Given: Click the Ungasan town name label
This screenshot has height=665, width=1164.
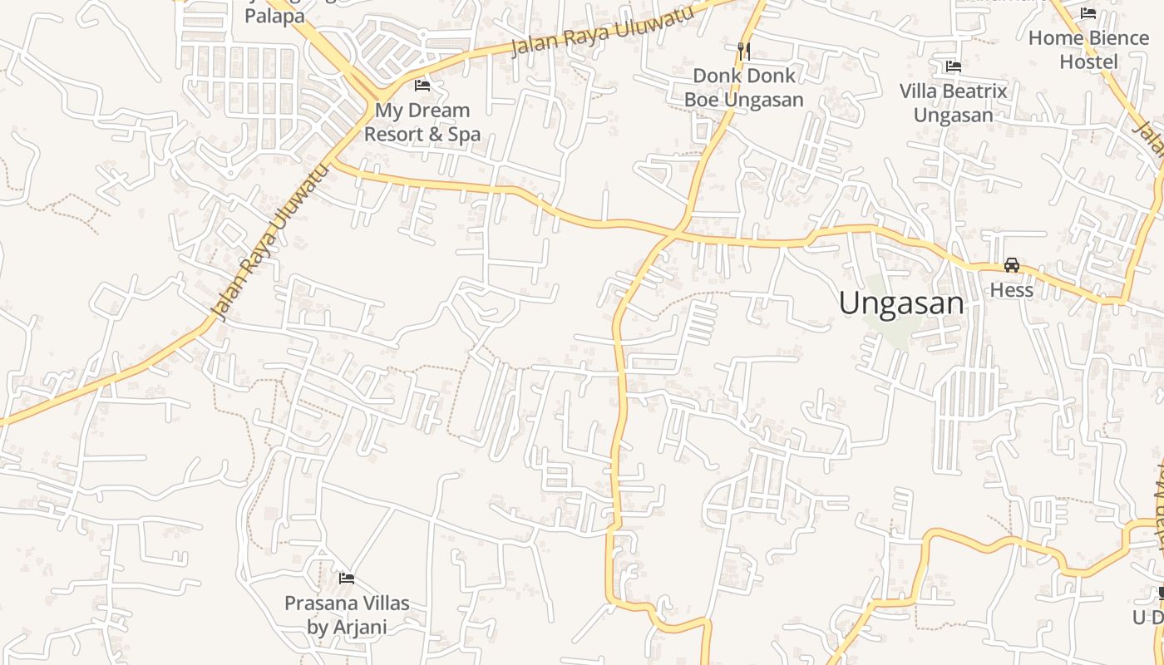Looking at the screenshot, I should [901, 303].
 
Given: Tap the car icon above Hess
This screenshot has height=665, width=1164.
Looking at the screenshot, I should [1012, 265].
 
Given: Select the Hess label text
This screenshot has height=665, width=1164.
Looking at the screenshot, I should [1012, 290].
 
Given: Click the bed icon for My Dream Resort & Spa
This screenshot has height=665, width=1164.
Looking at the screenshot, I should [422, 85].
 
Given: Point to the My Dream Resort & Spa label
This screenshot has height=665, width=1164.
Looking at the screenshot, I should [422, 121].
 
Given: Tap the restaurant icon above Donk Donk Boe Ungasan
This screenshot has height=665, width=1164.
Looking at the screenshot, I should [744, 51].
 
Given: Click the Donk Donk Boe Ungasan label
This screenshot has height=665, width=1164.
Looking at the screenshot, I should [744, 88].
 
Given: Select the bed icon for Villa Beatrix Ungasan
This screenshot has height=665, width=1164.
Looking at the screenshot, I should [954, 66].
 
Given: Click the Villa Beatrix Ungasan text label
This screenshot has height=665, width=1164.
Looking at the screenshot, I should [954, 103].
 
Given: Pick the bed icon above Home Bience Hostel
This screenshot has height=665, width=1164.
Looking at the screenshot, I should [1088, 12].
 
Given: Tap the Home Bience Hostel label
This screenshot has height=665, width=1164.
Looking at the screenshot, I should [1088, 50].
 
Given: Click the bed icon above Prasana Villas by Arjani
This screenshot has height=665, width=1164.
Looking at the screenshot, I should [347, 578].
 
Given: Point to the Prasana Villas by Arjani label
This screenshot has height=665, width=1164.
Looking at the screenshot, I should [347, 614].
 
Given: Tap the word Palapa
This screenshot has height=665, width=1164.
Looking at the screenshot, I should [274, 16].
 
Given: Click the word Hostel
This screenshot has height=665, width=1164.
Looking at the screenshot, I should [1088, 62].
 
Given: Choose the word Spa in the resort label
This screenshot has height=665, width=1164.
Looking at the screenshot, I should [464, 134].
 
